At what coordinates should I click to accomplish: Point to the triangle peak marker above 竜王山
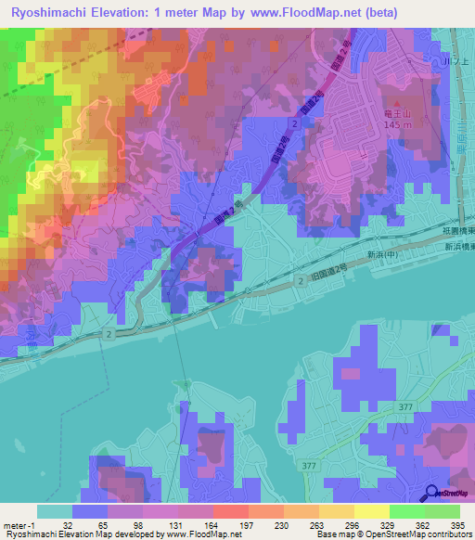pyautogui.click(x=396, y=103)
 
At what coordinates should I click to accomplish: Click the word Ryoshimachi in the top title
pyautogui.click(x=45, y=13)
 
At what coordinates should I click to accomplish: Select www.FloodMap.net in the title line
pyautogui.click(x=308, y=13)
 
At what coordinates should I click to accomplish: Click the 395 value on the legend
pyautogui.click(x=458, y=525)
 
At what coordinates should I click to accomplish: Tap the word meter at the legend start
pyautogui.click(x=15, y=525)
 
